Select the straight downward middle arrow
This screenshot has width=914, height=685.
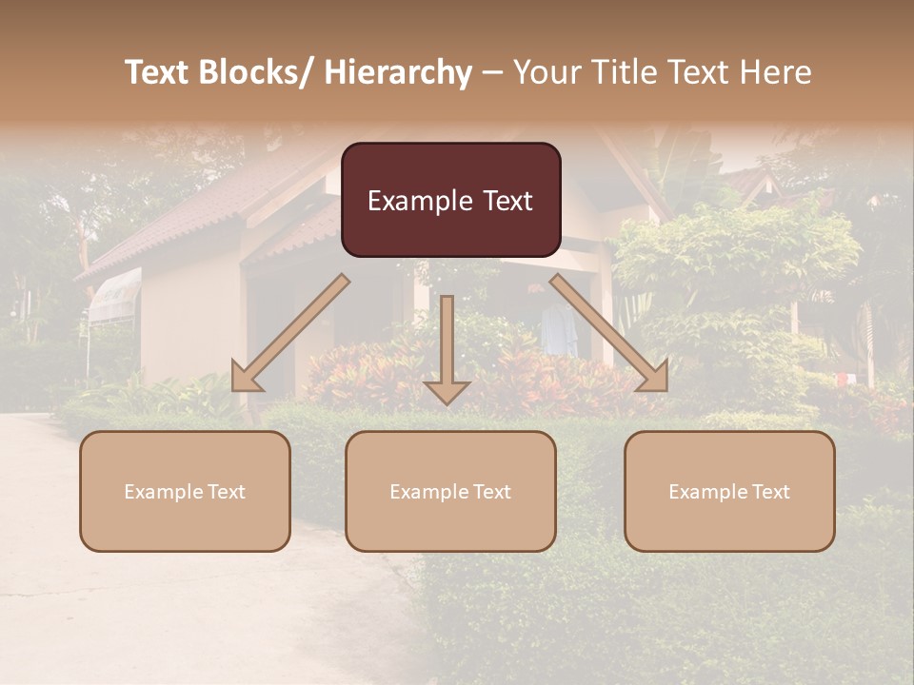tap(447, 347)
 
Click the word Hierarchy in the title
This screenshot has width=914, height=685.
tap(398, 72)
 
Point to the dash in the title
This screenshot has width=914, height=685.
tap(491, 72)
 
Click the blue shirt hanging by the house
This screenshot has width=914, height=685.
tap(558, 328)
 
